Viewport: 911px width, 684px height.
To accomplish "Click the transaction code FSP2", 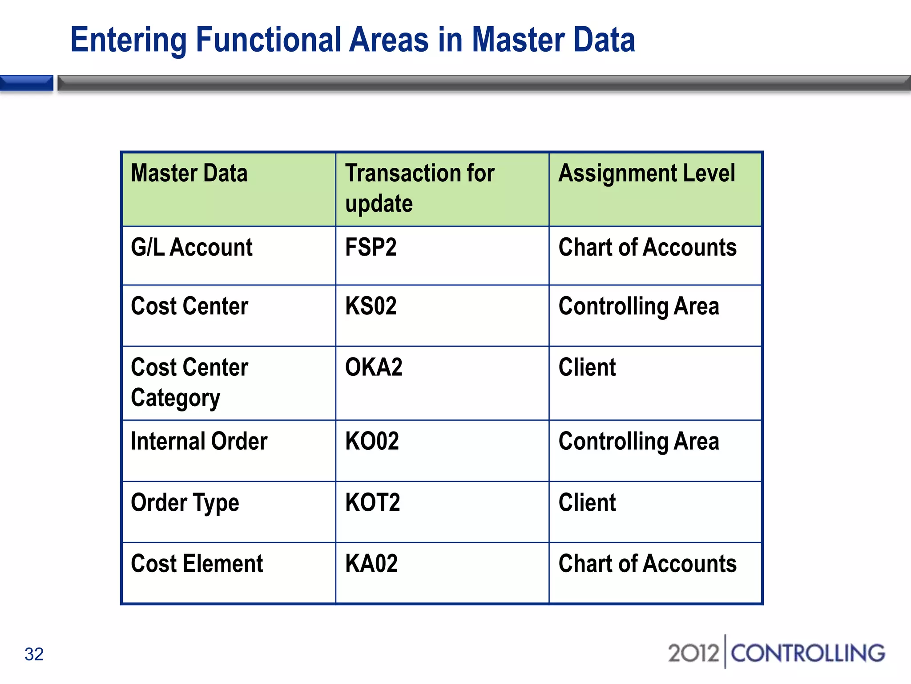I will click(371, 248).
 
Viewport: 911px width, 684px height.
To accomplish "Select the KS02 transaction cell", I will click(371, 306).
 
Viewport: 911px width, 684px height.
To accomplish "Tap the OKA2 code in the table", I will click(374, 368).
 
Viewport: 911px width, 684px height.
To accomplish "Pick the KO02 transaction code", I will click(372, 442).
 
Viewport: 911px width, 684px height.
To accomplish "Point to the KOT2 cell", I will click(372, 503).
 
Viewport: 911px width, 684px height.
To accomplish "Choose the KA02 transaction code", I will click(371, 564).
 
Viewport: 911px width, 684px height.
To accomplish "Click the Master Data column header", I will click(189, 173).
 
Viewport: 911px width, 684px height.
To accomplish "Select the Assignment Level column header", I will click(646, 173).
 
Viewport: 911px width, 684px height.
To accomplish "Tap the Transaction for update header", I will click(419, 188).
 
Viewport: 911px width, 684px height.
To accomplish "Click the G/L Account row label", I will click(192, 248).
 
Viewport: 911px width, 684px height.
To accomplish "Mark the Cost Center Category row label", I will click(189, 383).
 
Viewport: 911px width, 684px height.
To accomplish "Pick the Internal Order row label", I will click(199, 442).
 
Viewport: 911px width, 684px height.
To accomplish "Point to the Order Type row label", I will click(185, 503).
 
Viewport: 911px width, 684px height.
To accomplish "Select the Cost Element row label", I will click(197, 564).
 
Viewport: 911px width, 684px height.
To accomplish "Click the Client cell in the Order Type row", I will click(587, 503).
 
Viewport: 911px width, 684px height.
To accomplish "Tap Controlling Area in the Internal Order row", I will click(638, 442).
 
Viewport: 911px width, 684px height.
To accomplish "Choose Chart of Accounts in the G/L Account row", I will click(647, 248).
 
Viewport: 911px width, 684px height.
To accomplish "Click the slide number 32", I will click(34, 654).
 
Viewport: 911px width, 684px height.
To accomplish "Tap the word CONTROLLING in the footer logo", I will click(807, 653).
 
